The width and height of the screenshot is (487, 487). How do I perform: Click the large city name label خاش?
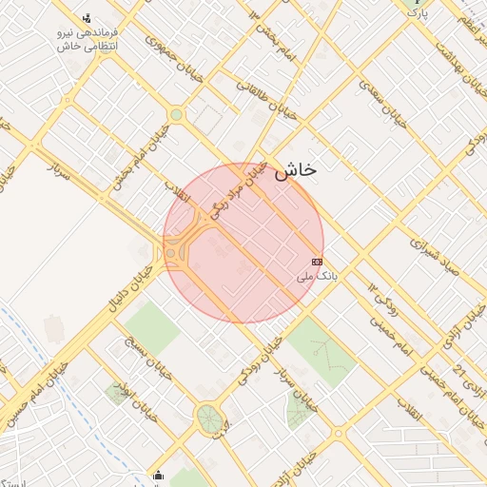[x=295, y=171]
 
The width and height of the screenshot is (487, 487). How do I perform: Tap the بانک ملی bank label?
[x=317, y=276]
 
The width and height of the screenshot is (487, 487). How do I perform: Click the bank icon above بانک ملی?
[x=317, y=262]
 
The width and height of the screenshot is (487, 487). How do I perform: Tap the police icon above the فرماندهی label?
[x=88, y=18]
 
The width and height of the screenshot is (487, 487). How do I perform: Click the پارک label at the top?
[x=418, y=15]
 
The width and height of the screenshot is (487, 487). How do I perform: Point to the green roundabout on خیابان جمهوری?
[x=176, y=114]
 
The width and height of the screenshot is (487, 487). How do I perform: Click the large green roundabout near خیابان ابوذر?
[x=209, y=418]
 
